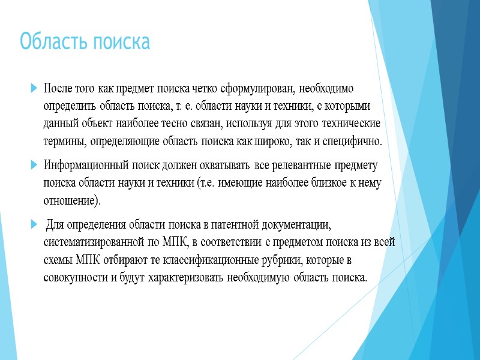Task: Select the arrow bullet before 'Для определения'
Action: [33, 224]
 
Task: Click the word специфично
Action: [353, 142]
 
